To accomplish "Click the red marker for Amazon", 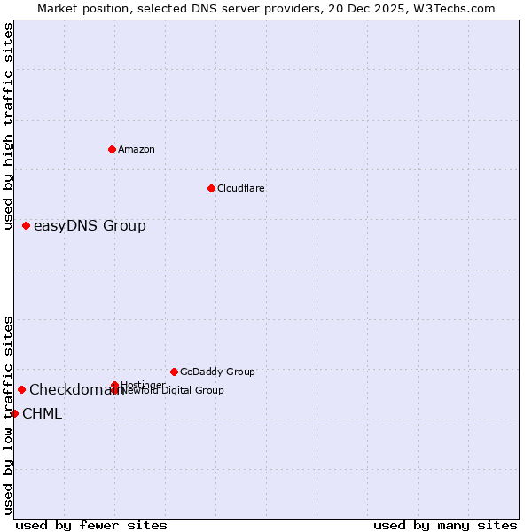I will coord(112,149).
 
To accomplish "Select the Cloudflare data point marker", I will coord(211,188).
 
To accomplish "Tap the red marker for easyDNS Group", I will coord(27,225).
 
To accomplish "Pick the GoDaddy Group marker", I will coord(174,372).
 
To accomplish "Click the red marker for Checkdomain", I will coord(21,389).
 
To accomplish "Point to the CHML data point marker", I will coord(14,413).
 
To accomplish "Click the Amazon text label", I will coord(136,149).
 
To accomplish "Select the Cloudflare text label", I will coord(240,188).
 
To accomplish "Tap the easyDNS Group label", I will coord(90,225).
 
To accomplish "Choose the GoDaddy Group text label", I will coord(217,372).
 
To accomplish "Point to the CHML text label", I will coord(42,413).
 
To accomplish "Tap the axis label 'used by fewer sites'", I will coord(91,525).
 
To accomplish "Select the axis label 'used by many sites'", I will coord(445,525).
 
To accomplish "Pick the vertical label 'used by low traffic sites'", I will coord(8,414).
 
